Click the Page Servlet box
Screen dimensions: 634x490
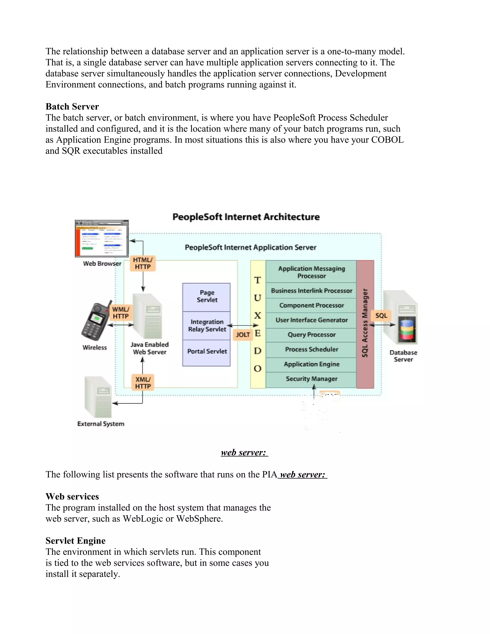(206, 297)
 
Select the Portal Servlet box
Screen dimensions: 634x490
(206, 351)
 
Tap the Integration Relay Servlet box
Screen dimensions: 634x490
(206, 326)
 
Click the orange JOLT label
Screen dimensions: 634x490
(243, 335)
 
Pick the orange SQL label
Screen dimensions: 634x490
(381, 316)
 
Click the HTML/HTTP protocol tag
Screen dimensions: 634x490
(143, 263)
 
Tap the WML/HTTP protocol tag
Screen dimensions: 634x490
(121, 313)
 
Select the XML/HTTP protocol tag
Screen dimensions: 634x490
(143, 383)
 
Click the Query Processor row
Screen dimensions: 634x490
(311, 335)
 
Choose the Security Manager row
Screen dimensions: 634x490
(311, 379)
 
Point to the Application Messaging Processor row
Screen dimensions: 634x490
(311, 272)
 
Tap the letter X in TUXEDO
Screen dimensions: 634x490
(257, 316)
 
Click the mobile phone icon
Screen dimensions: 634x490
(95, 321)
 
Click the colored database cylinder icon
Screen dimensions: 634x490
(407, 330)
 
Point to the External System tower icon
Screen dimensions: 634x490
(98, 397)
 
